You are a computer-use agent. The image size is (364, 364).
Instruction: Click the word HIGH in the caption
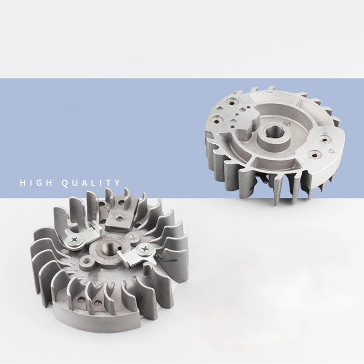tap(36, 183)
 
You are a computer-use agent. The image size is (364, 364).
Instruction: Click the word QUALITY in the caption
tap(91, 183)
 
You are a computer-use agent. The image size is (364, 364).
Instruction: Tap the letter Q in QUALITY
tap(66, 183)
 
